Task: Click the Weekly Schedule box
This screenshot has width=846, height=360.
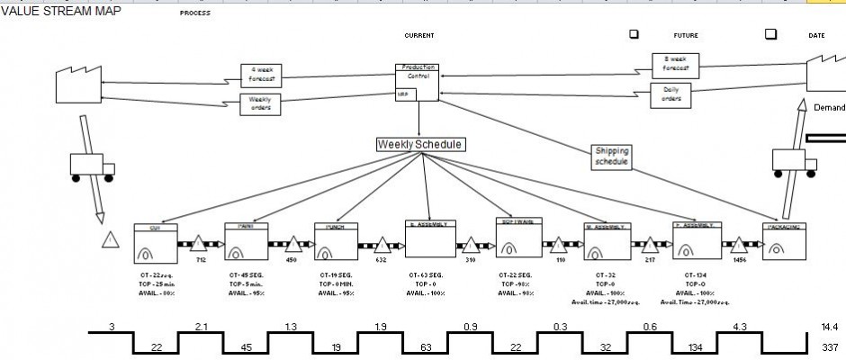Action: pyautogui.click(x=420, y=144)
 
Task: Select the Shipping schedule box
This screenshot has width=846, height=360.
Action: pyautogui.click(x=612, y=157)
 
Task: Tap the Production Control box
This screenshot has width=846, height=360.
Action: pyautogui.click(x=417, y=83)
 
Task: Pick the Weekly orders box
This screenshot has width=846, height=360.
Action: pyautogui.click(x=260, y=104)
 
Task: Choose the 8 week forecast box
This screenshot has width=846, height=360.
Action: pyautogui.click(x=676, y=64)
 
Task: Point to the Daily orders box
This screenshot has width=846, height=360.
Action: pyautogui.click(x=671, y=94)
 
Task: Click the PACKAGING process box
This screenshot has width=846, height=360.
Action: pyautogui.click(x=783, y=241)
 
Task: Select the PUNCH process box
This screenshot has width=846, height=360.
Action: pyautogui.click(x=337, y=241)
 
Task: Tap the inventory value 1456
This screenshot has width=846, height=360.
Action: pyautogui.click(x=740, y=259)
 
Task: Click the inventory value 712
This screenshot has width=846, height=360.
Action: pyautogui.click(x=202, y=259)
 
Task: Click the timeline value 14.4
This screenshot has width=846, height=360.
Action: pyautogui.click(x=829, y=327)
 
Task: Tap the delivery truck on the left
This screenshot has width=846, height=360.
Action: pyautogui.click(x=91, y=167)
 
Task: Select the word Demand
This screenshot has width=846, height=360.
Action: pyautogui.click(x=829, y=107)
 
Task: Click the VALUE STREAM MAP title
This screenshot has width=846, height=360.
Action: pyautogui.click(x=60, y=11)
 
